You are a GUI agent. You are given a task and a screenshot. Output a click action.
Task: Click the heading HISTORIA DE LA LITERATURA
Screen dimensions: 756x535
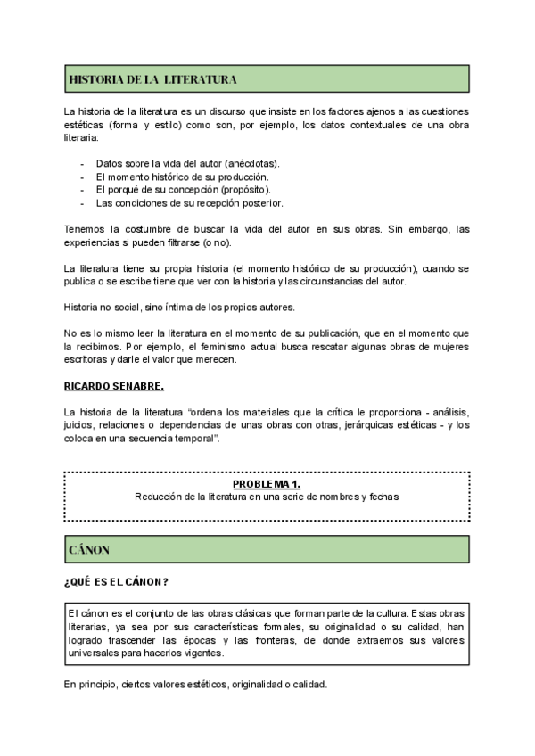tap(152, 80)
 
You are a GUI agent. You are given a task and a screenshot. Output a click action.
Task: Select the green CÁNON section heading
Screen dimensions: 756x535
tap(89, 550)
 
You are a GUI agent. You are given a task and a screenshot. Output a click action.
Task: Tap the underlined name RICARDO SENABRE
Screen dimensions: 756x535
tap(114, 387)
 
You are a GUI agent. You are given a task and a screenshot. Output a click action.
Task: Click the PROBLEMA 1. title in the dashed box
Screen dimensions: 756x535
tap(267, 483)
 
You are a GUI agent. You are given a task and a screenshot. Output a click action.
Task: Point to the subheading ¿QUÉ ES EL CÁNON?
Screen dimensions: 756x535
tap(118, 582)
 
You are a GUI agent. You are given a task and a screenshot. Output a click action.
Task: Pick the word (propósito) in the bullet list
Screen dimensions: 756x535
tap(243, 189)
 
